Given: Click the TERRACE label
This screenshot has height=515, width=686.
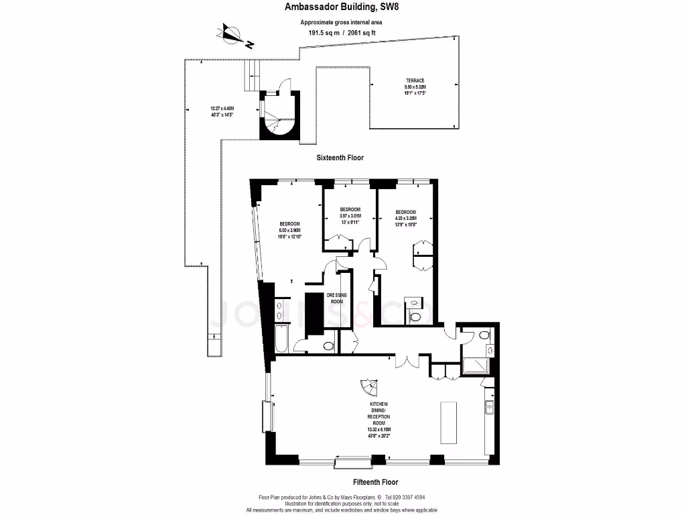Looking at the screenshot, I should pos(415,80).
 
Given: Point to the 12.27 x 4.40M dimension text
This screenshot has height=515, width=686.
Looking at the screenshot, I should pos(222,111).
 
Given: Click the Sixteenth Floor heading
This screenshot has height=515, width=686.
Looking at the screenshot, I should pos(340,158).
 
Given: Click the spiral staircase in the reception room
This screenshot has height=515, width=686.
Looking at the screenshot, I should pos(368,388).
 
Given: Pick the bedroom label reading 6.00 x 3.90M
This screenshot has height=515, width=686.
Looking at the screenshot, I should pos(291,230).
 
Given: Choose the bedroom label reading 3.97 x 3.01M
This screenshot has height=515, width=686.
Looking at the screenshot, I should pos(350,215).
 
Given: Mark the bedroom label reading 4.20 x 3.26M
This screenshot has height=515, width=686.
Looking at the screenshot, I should pos(405,218).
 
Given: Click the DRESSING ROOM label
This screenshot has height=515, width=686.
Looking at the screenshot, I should pos(336,298).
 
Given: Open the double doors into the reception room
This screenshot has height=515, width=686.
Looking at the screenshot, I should pos(406,361).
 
